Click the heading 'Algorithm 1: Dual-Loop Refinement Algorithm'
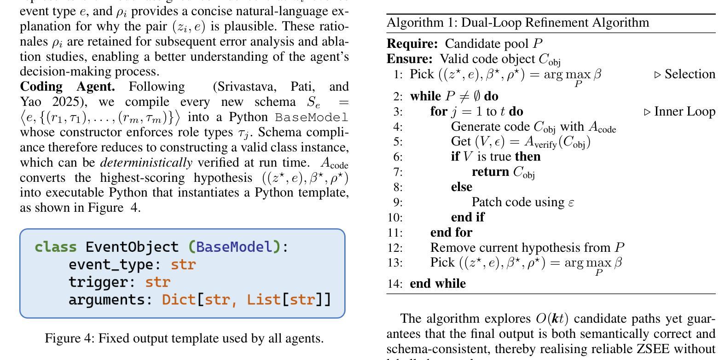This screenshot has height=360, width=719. point(518,23)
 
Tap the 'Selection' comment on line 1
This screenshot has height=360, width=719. point(690,74)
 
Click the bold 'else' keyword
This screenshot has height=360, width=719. point(461,187)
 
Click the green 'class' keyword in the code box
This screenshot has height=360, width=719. point(56,247)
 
